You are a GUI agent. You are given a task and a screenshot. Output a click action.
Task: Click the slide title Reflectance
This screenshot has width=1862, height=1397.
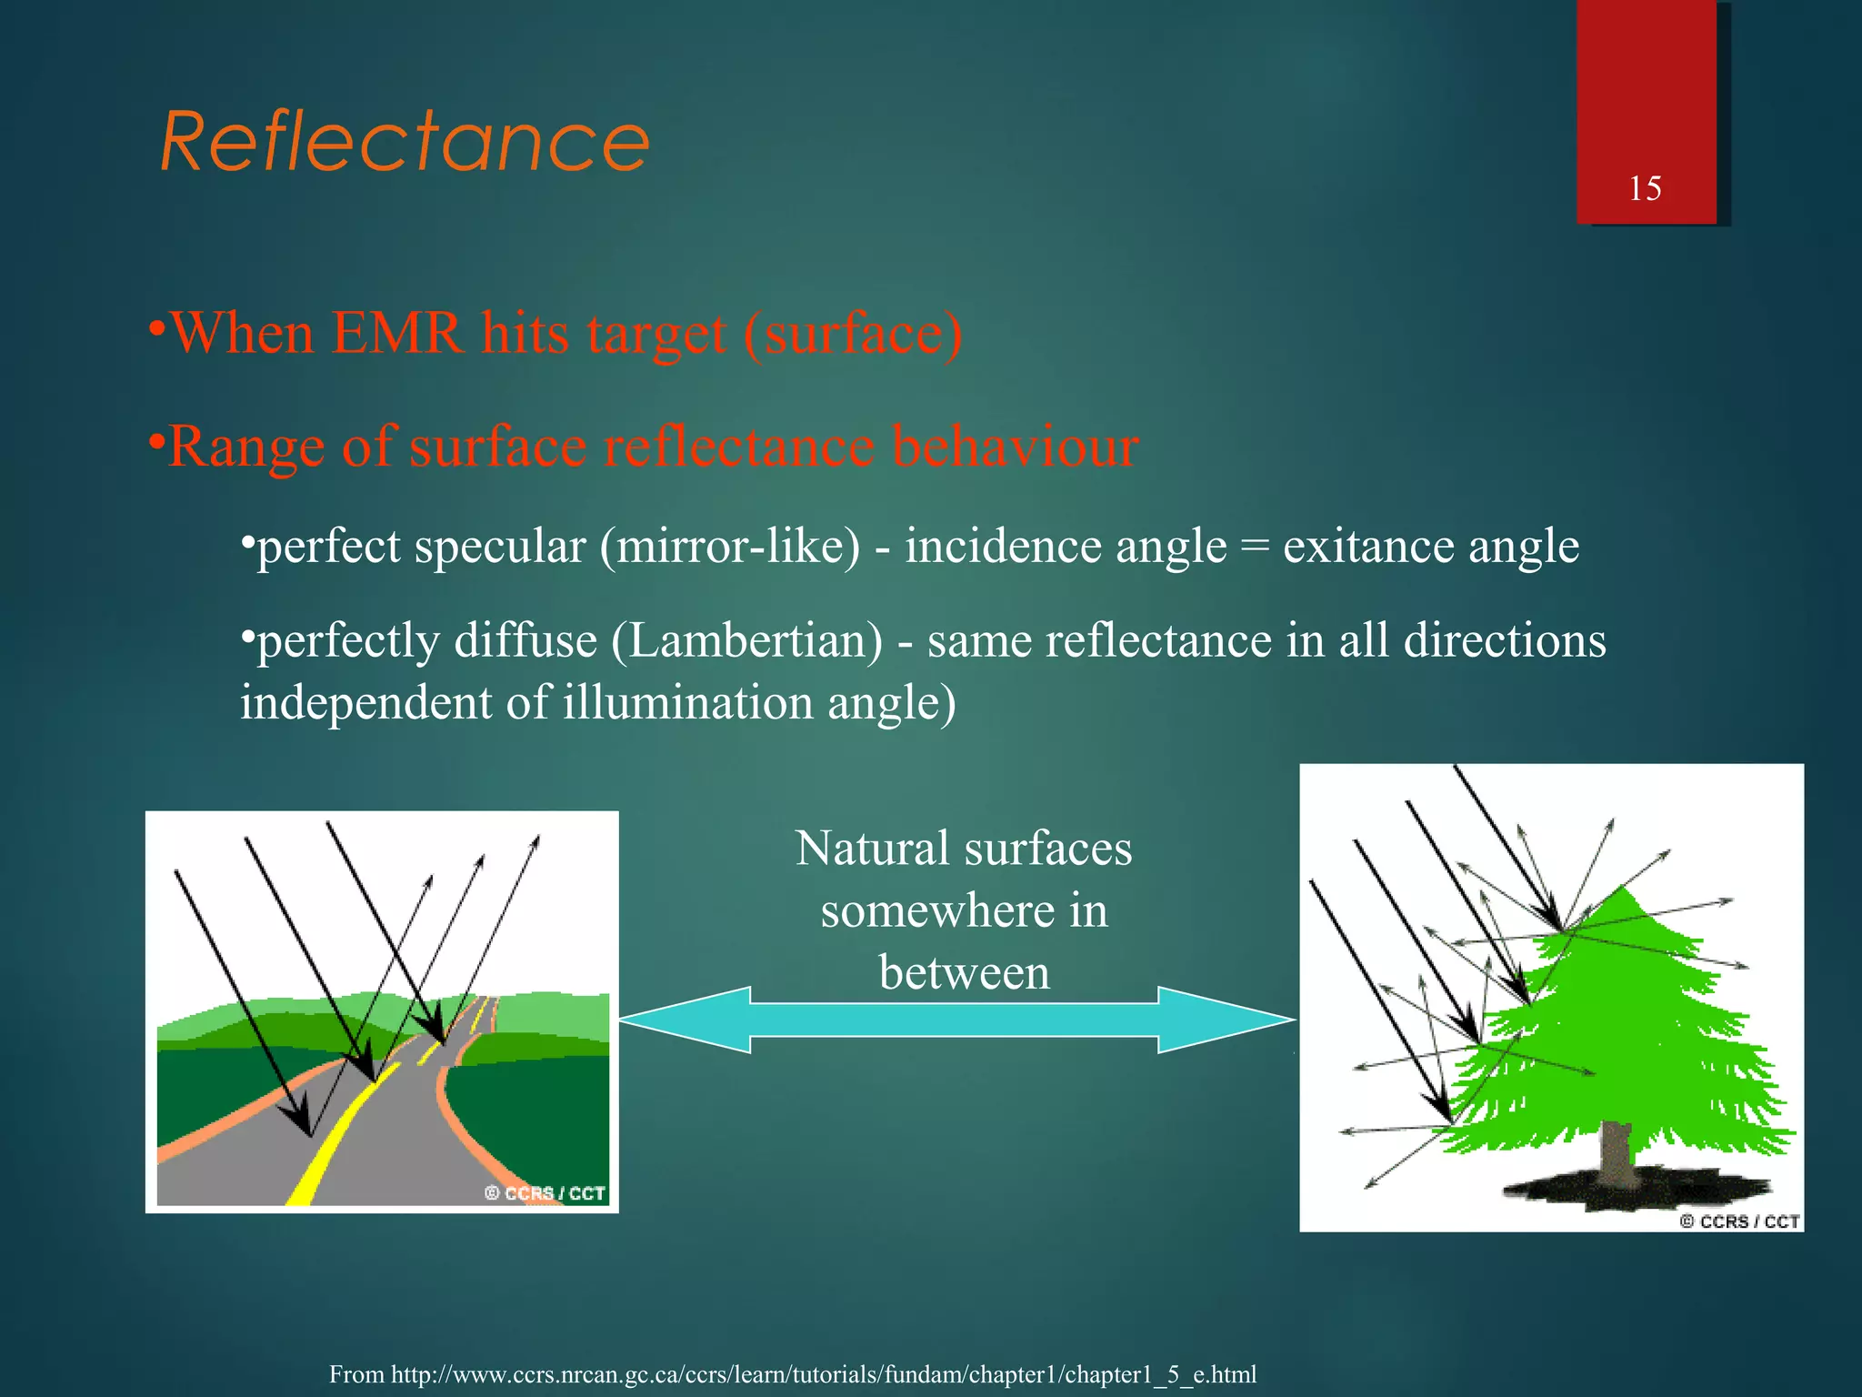click(405, 142)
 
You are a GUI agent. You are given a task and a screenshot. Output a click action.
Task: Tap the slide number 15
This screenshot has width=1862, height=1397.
click(1645, 188)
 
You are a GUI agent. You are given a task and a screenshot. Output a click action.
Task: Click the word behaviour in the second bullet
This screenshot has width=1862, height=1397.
click(1015, 447)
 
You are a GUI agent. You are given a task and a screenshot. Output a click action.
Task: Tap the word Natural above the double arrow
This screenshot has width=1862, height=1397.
click(871, 849)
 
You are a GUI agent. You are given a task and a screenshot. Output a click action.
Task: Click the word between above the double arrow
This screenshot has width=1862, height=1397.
click(964, 973)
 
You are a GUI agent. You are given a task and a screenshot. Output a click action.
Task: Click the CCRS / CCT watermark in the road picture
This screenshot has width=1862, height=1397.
click(546, 1192)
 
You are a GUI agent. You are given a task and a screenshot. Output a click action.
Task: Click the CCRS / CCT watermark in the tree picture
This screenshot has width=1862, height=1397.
click(1739, 1221)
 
